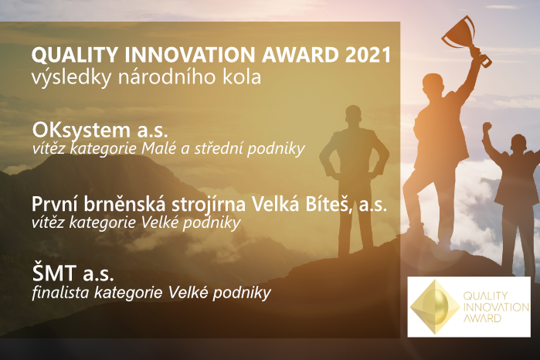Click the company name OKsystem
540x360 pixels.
click(81, 131)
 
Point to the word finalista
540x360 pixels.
click(60, 293)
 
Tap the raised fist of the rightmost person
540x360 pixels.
click(487, 127)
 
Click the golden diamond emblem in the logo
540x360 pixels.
click(435, 307)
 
